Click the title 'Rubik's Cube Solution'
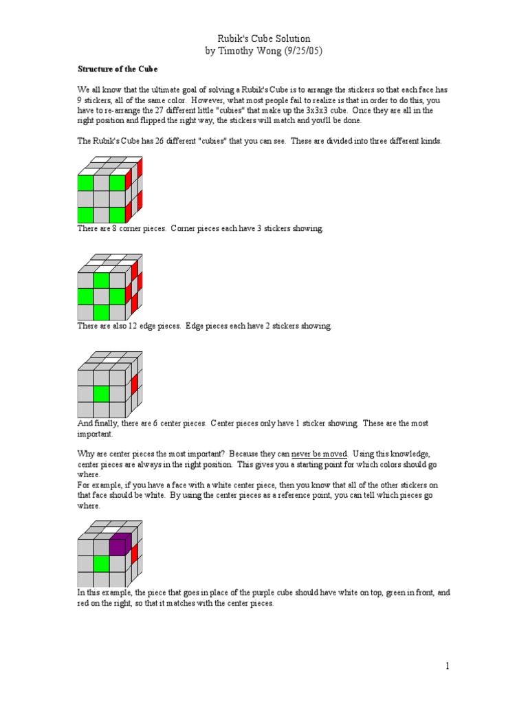(x=263, y=38)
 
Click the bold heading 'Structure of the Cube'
(x=117, y=69)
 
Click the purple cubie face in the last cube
(x=118, y=546)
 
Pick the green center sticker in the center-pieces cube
(x=102, y=393)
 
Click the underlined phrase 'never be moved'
(x=319, y=454)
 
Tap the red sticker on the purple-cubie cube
(x=135, y=552)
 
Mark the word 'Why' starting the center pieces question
(x=84, y=454)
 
